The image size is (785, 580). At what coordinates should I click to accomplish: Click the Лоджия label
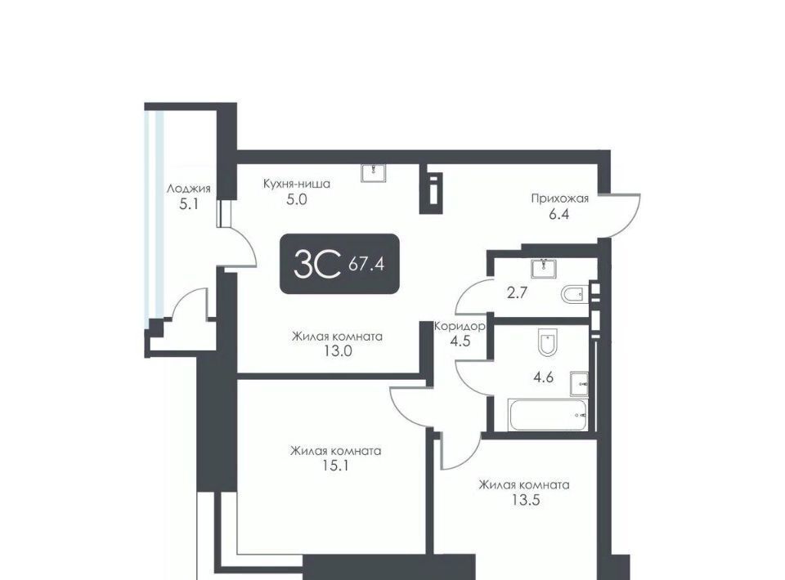coord(188,189)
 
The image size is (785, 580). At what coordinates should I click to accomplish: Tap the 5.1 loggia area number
coord(189,204)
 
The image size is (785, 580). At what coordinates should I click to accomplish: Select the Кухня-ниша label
coord(296,184)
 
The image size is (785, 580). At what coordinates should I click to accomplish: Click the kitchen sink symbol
coord(374,172)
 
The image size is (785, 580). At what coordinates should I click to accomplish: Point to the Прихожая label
coord(559,199)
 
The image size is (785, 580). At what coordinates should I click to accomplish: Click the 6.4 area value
coord(559,214)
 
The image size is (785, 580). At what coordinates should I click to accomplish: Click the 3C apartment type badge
coord(339,264)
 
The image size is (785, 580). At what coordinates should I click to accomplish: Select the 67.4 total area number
coord(366,264)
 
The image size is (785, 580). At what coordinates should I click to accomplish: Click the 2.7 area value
coord(517,292)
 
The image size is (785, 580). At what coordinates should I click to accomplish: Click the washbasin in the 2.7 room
coord(544,268)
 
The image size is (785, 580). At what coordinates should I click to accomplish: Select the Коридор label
coord(460,327)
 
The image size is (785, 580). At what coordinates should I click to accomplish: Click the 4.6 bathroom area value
coord(543,377)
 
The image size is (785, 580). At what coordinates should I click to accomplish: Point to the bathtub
coord(548,414)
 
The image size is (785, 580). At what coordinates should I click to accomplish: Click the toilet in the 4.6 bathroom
coord(547,342)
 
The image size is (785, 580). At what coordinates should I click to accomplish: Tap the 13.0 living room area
coord(338,351)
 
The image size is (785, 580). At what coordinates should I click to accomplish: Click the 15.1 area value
coord(335,466)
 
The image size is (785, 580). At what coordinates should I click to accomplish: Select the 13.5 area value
coord(525,500)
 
